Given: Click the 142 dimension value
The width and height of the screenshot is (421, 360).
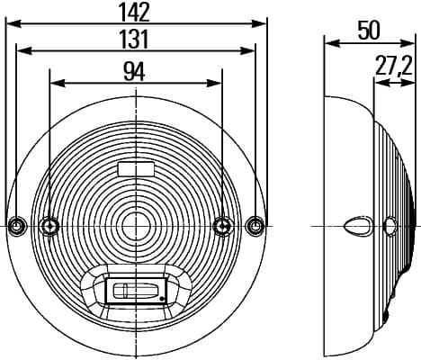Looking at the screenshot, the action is coord(135,12).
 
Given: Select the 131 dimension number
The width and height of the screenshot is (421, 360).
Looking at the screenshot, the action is coord(134,39).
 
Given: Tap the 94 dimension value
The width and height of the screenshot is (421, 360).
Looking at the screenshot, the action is coord(134,72).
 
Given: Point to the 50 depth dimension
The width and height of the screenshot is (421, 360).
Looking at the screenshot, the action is coord(369,31).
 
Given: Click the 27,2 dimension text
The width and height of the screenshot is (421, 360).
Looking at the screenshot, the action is coord(394,67).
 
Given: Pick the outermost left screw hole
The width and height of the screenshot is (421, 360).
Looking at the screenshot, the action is coord(16,226).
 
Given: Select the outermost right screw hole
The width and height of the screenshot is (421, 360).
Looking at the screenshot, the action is coord(255,226).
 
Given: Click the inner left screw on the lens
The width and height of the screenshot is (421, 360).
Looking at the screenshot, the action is coord(49,226).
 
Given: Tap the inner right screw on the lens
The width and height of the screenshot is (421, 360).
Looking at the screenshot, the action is coord(223,226).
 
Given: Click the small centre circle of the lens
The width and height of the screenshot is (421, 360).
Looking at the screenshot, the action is coord(136,227).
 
